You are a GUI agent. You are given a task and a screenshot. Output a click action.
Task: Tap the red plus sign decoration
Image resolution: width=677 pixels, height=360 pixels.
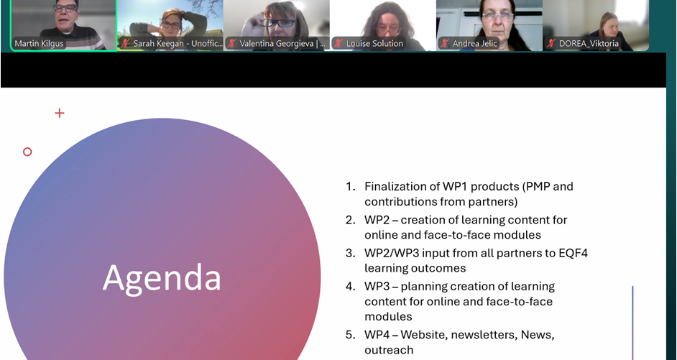60,113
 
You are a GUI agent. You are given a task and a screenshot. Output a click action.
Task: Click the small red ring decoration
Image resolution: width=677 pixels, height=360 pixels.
27,152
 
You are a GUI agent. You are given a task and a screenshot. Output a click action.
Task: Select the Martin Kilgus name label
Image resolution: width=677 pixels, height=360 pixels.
39,43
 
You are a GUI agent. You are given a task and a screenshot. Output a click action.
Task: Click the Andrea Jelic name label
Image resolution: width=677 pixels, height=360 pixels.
474,43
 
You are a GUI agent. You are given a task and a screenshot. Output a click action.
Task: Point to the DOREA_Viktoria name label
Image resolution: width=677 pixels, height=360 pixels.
589,43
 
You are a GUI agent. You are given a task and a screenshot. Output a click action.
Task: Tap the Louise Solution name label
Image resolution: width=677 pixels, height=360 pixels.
374,43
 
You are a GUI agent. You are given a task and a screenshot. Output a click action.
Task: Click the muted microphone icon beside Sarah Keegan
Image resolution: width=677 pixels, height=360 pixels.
125,43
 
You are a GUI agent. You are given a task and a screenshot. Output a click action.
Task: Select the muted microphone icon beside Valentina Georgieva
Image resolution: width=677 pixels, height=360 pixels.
232,43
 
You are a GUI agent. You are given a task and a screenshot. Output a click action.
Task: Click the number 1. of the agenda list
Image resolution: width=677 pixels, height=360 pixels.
350,187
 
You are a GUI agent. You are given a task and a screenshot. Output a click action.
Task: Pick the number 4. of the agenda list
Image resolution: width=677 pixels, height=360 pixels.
350,286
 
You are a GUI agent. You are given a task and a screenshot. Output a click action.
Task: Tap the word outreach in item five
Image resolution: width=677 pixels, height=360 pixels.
389,350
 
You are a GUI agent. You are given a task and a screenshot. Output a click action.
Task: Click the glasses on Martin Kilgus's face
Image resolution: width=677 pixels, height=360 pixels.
65,7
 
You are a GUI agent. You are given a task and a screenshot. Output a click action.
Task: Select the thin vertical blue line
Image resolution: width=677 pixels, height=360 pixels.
632,323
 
